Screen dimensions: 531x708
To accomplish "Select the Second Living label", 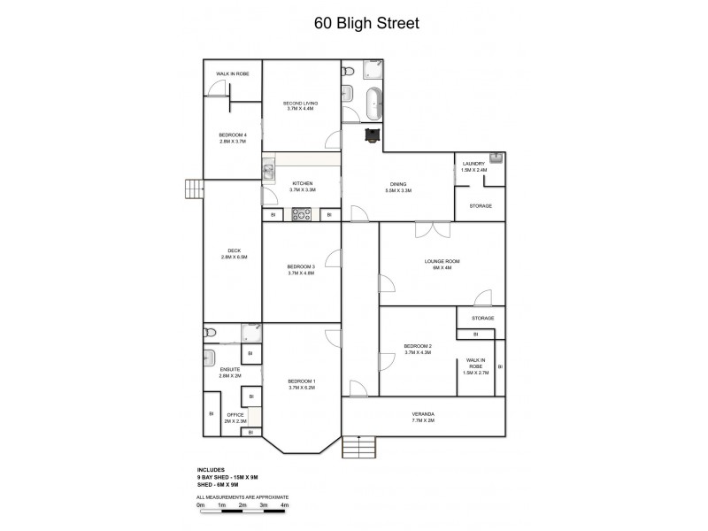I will pyautogui.click(x=300, y=106).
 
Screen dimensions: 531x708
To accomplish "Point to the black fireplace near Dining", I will pyautogui.click(x=373, y=134).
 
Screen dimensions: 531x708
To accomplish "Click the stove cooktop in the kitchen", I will pyautogui.click(x=301, y=214).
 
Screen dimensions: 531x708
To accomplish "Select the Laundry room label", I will pyautogui.click(x=473, y=166).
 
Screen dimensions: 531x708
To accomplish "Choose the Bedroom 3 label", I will pyautogui.click(x=301, y=270).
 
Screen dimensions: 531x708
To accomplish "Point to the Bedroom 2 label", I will pyautogui.click(x=417, y=349).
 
